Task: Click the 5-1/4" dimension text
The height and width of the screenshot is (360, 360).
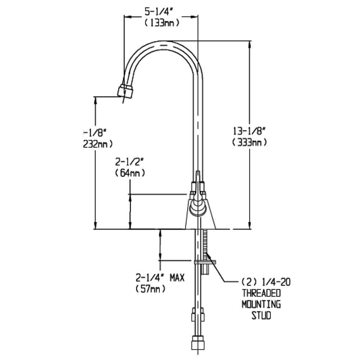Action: coord(159,12)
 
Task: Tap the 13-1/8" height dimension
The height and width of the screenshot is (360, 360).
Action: coord(249,130)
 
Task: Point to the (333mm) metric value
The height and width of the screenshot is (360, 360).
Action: coord(250,142)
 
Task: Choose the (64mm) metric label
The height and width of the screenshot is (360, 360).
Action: coord(130,173)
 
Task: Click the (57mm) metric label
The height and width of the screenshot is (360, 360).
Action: coord(150,289)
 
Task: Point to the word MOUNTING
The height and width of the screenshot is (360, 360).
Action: coord(261,304)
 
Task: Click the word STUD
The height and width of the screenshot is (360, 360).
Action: coord(261,316)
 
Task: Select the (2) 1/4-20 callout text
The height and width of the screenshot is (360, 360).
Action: coord(265,282)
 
